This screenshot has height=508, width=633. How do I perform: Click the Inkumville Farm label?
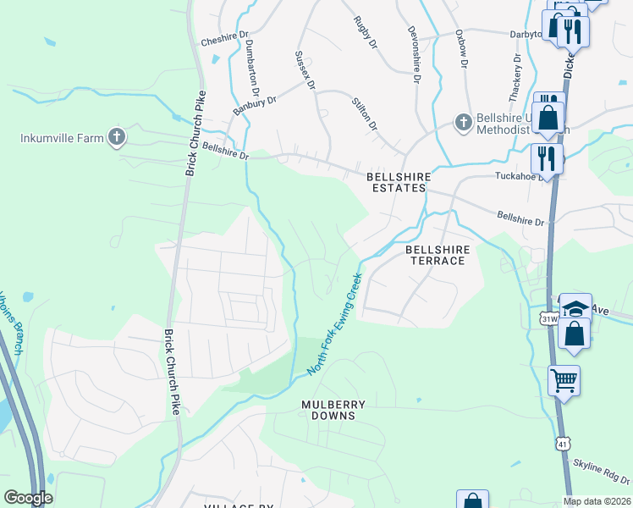tap(63, 137)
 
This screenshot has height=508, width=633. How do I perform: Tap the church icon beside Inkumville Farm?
tap(117, 137)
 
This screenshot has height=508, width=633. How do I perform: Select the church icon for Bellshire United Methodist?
tap(463, 124)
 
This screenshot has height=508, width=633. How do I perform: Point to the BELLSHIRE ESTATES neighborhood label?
tap(399, 182)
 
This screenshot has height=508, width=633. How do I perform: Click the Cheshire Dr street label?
tap(224, 40)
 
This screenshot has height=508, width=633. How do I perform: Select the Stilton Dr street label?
tap(364, 113)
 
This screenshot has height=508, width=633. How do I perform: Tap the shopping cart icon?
tap(564, 380)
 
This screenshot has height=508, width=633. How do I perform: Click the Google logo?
tap(28, 498)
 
